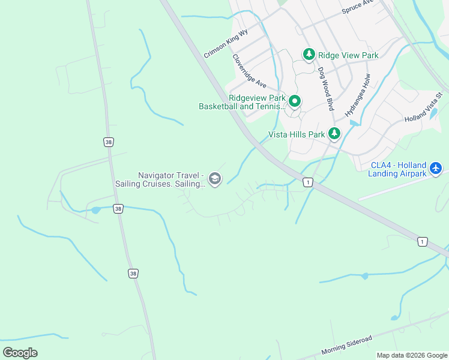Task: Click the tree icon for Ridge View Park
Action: point(309,55)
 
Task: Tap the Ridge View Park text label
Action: point(348,55)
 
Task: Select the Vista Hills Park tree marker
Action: point(334,134)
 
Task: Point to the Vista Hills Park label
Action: point(296,134)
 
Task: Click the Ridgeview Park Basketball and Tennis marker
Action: point(295,101)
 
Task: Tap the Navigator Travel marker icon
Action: point(215,179)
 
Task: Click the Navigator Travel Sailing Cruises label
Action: point(171,179)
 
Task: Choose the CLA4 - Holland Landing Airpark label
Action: point(398,170)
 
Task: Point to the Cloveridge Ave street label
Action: point(249,71)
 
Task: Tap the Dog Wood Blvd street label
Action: point(326,88)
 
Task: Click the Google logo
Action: point(20,353)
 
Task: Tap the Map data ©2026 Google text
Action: point(412,355)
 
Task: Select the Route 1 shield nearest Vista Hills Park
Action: point(308,182)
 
